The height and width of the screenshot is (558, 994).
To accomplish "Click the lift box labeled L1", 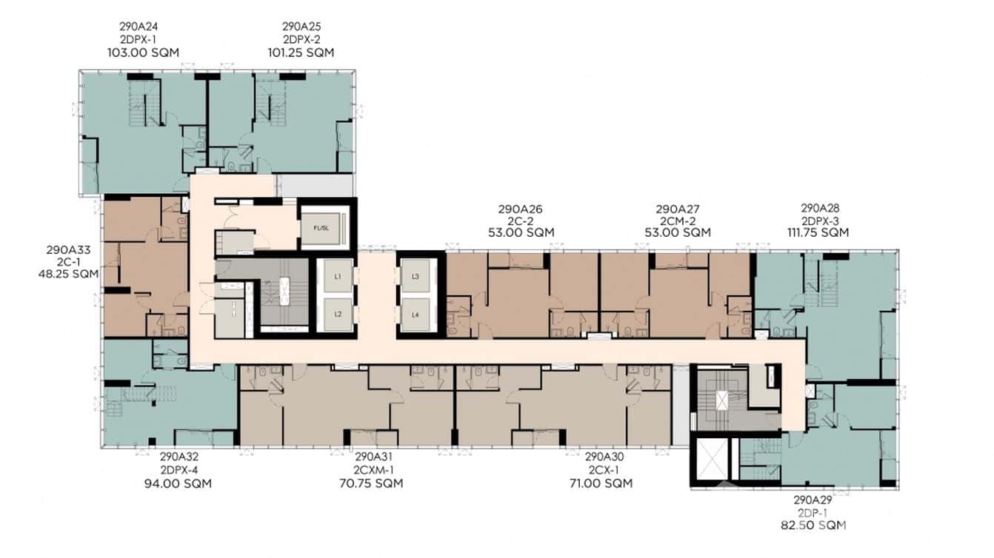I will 337,277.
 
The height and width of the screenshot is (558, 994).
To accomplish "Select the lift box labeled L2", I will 337,313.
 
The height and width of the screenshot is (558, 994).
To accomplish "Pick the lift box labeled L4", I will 416,313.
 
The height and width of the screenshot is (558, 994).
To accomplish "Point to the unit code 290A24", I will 143,27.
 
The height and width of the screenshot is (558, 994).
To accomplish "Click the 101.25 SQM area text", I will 301,53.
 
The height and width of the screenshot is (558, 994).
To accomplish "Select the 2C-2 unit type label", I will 520,221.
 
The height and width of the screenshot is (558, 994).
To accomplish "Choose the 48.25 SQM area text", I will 68,274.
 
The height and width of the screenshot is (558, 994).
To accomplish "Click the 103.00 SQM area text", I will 143,53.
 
